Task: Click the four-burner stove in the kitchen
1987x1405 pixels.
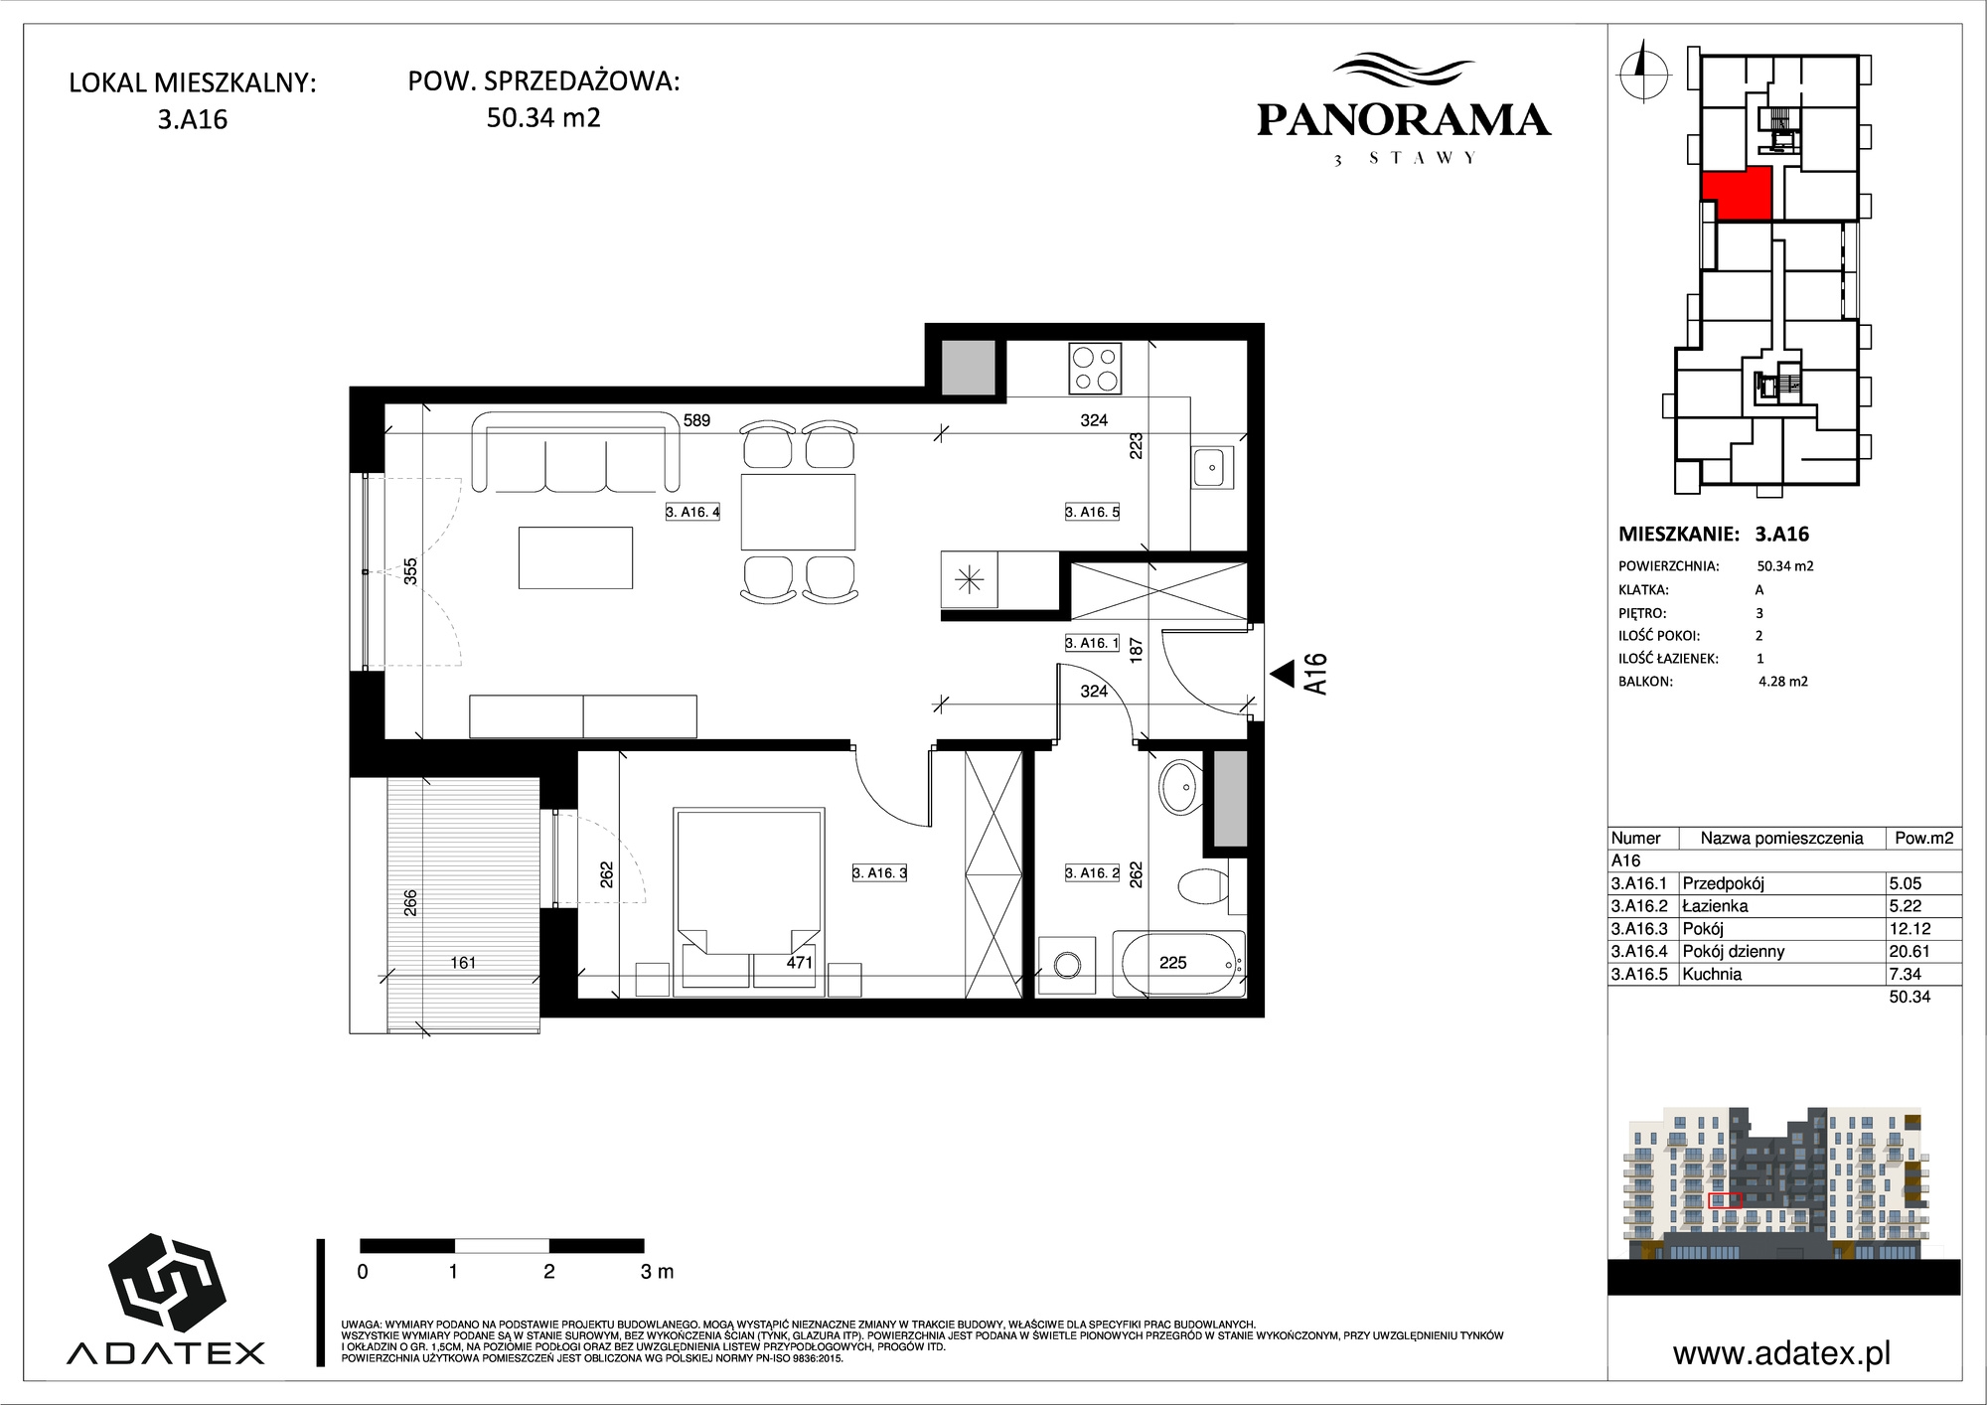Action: (1095, 368)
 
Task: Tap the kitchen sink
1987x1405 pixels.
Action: (1212, 467)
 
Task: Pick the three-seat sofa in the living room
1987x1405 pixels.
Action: (577, 451)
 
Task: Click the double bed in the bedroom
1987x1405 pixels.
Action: (749, 897)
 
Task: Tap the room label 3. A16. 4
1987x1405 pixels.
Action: (692, 513)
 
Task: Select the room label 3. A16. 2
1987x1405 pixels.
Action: (1092, 872)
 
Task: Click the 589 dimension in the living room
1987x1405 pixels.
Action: (696, 420)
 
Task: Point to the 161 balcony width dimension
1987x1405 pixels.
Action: (463, 962)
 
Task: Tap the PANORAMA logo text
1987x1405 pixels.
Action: (1403, 120)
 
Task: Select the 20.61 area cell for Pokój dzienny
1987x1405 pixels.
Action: (1909, 951)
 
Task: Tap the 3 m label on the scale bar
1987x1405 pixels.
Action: (657, 1271)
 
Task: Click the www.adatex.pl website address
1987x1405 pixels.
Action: (1781, 1353)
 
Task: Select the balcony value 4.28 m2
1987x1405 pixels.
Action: (1782, 682)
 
